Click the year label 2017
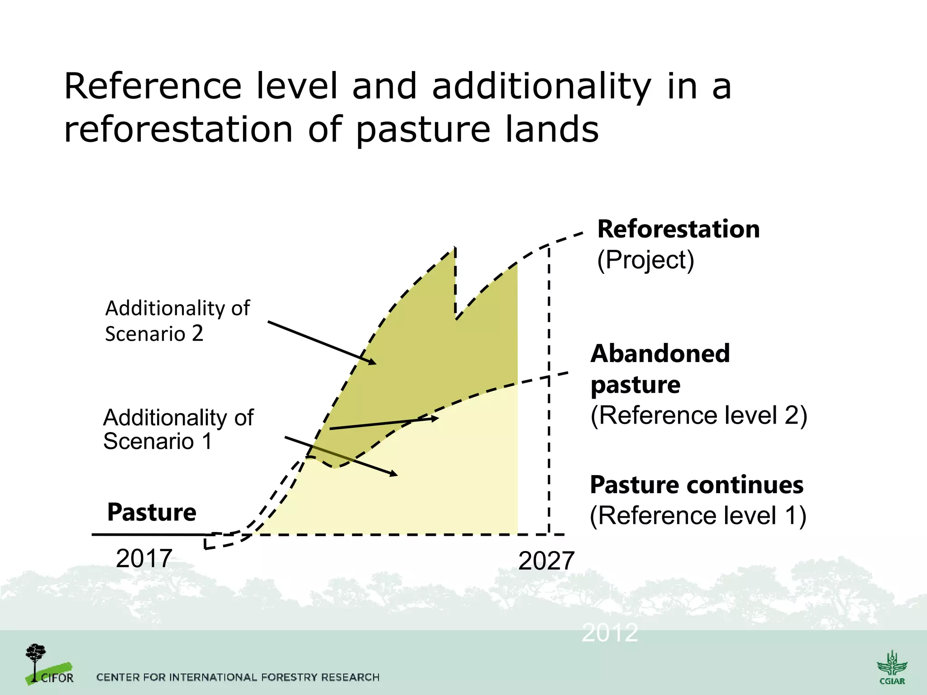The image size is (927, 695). [x=144, y=558]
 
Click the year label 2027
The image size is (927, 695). [x=546, y=561]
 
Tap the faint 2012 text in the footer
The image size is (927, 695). [x=610, y=633]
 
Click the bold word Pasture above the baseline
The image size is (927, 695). [x=152, y=512]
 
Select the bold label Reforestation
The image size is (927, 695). [x=678, y=229]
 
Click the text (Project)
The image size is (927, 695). [x=645, y=260]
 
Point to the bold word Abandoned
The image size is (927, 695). [x=660, y=353]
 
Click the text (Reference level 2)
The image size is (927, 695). [x=699, y=415]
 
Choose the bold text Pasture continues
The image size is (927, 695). [x=697, y=485]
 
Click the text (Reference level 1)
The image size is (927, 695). [x=698, y=515]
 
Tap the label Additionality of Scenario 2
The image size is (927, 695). [x=177, y=321]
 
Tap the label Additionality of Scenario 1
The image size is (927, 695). [x=178, y=429]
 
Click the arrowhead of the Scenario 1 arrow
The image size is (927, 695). [x=393, y=473]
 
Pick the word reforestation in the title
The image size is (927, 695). [x=178, y=129]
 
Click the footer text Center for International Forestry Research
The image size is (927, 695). [x=238, y=677]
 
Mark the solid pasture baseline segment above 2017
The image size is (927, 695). [x=149, y=534]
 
